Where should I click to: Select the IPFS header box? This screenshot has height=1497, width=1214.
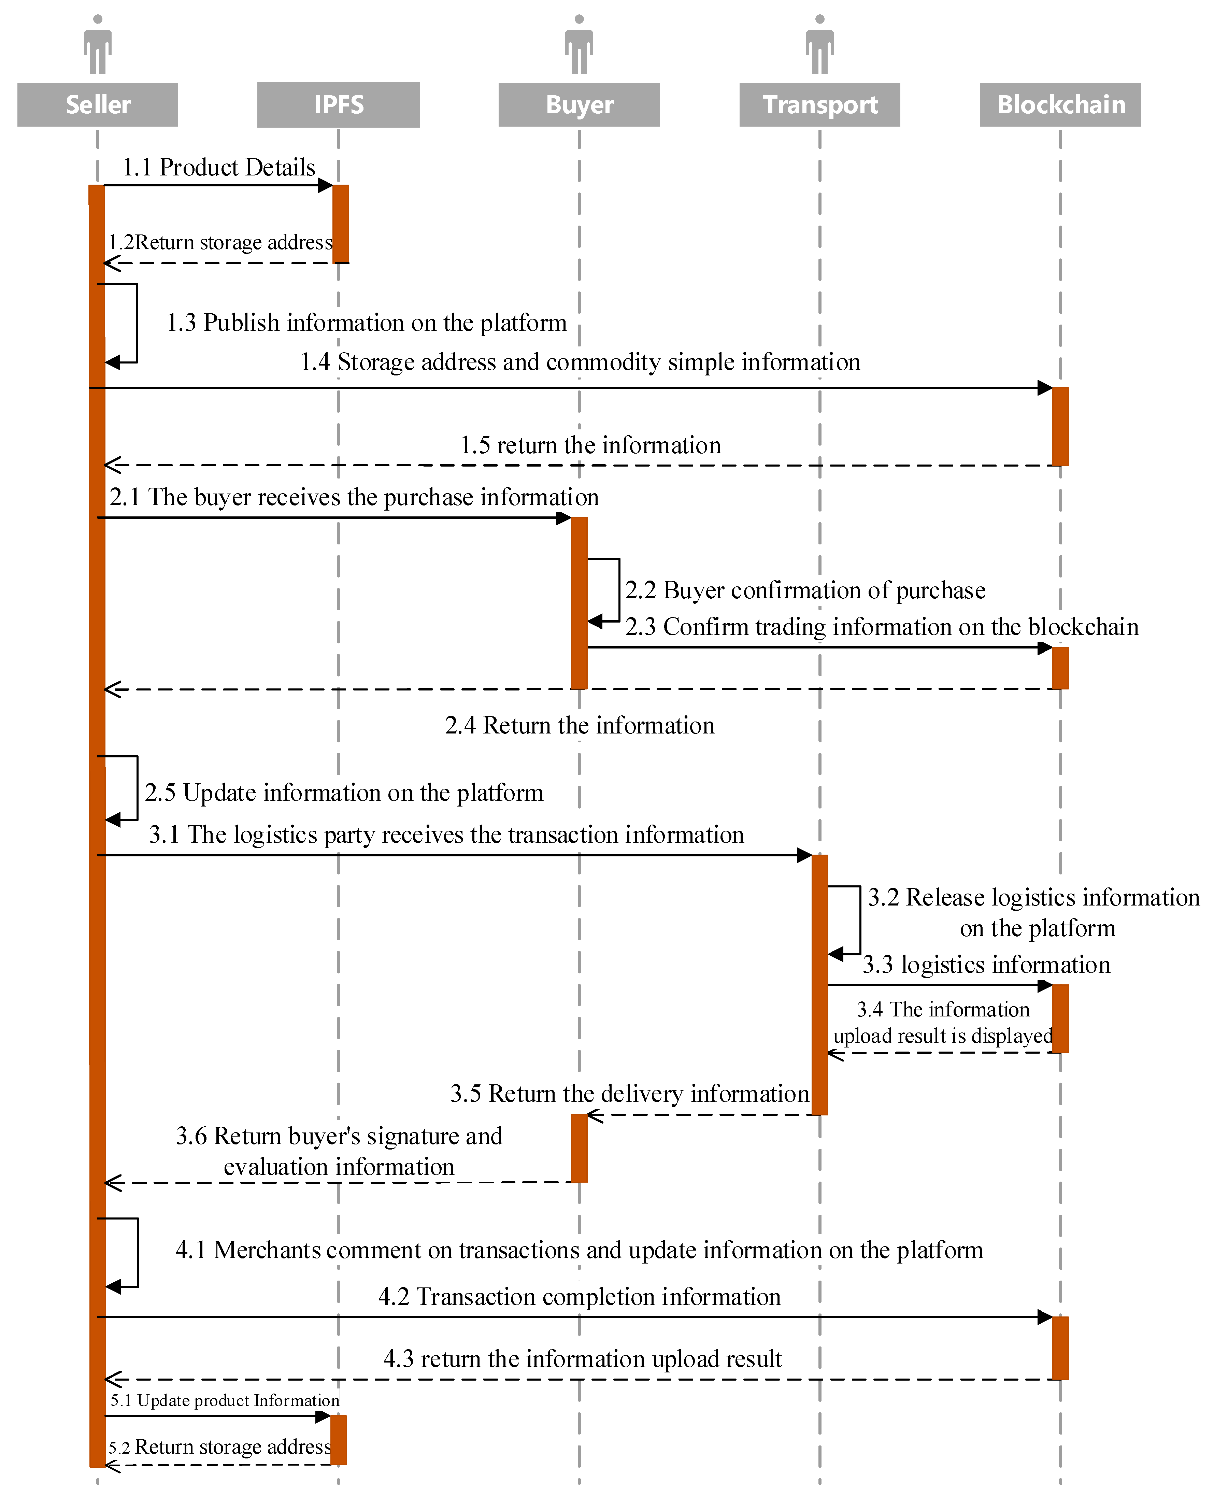coord(339,105)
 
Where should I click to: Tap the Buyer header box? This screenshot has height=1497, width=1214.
coord(579,105)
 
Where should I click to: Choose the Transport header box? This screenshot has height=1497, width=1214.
coord(819,105)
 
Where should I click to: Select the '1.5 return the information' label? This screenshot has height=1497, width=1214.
coord(590,445)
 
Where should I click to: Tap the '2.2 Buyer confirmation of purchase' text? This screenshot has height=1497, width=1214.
coord(805,590)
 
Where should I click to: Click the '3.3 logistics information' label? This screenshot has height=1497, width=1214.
coord(986,965)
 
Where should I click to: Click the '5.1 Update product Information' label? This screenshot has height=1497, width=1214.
coord(225,1400)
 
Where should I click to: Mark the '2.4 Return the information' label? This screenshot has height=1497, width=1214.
coord(580,726)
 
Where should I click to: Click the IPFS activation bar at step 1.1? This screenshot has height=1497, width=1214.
coord(341,224)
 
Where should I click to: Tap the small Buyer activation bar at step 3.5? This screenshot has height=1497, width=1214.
coord(579,1148)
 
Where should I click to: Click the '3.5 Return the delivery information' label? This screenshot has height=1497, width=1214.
coord(629,1094)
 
